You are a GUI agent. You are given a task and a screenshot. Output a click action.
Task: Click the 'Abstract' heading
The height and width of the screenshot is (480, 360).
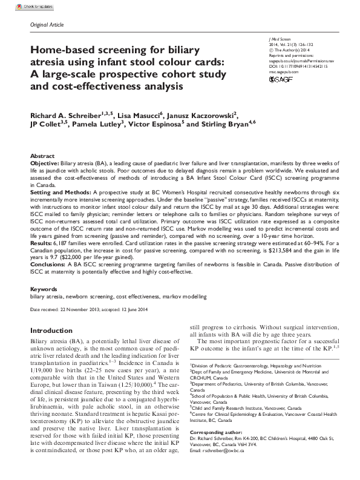[x=42, y=156]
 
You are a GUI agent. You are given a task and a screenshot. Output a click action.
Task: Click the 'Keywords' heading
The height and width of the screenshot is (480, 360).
[x=44, y=290]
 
